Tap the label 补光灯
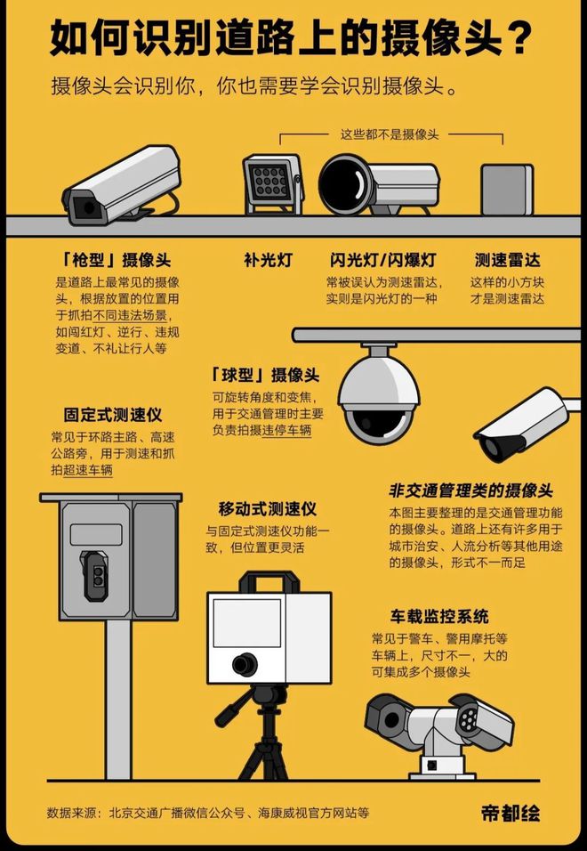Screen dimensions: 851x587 [x=268, y=261]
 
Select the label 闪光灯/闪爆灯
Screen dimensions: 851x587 [x=383, y=261]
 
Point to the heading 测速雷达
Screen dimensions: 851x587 [x=507, y=261]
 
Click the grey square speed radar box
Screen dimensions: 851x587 [x=506, y=188]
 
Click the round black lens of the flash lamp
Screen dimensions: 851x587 [x=343, y=184]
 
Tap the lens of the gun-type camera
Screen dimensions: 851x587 [x=86, y=207]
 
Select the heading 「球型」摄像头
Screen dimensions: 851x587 [x=265, y=375]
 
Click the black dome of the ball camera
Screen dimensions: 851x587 [x=381, y=422]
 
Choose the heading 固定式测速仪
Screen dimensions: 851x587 [x=112, y=416]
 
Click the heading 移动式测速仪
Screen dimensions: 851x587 [x=268, y=508]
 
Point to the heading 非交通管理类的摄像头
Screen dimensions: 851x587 [x=470, y=491]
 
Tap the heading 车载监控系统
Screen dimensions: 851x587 [x=438, y=616]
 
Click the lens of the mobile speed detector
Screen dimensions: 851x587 [x=240, y=664]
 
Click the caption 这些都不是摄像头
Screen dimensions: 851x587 [x=390, y=134]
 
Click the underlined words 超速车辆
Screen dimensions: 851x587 [x=89, y=469]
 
